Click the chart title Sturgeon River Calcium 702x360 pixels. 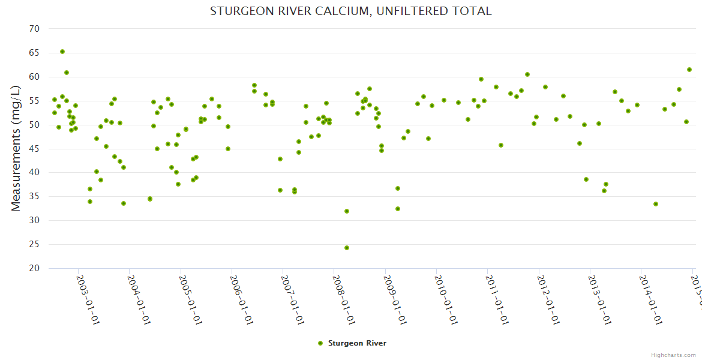(x=350, y=11)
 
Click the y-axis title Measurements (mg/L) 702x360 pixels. (x=16, y=148)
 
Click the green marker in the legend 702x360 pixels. (x=320, y=343)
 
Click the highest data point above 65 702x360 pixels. (x=62, y=52)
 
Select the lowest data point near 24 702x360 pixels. (x=347, y=248)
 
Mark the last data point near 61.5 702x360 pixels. (x=689, y=70)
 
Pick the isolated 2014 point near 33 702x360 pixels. (x=656, y=204)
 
